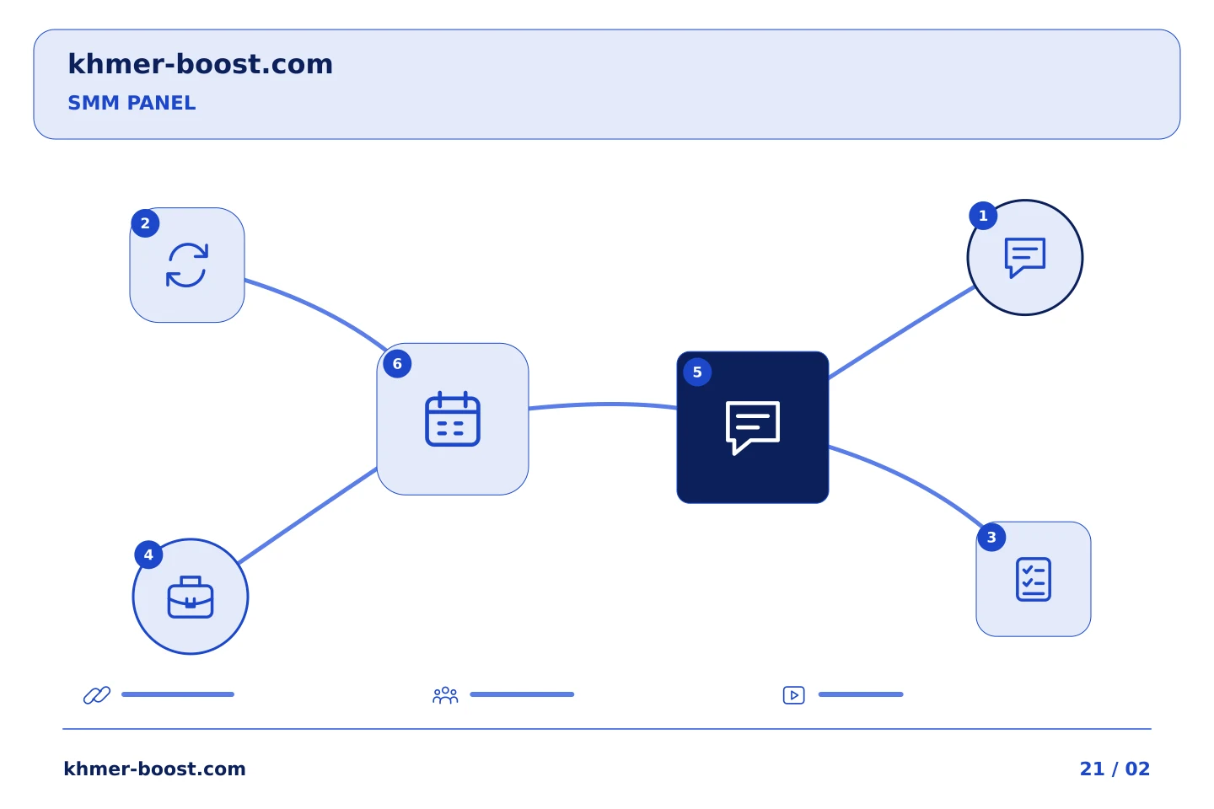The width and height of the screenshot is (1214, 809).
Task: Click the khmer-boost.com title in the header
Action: point(200,64)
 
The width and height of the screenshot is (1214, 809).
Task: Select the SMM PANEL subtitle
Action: point(132,103)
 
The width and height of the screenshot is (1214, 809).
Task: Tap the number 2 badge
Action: point(145,223)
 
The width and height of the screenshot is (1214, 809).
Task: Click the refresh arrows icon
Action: point(187,265)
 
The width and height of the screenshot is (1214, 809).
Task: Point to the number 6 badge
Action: point(397,363)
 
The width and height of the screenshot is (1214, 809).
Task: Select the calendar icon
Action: point(453,419)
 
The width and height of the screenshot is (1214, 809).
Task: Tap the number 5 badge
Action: point(697,372)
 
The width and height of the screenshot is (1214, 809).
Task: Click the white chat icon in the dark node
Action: point(753,427)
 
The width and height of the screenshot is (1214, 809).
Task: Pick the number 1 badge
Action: point(983,216)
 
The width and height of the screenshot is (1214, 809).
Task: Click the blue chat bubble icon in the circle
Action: point(1025,257)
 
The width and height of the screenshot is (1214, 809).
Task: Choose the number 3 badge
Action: point(991,537)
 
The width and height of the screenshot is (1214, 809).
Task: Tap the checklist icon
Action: point(1034,579)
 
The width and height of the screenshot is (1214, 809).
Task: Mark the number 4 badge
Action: point(148,555)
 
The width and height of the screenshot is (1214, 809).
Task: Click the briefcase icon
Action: point(191,597)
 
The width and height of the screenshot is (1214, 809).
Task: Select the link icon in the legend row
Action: point(97,694)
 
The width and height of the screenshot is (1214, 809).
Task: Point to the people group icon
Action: point(445,694)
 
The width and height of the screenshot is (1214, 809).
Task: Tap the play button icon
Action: point(794,695)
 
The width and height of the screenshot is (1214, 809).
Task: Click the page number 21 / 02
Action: point(1115,769)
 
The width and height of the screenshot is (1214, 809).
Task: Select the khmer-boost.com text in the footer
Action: point(154,769)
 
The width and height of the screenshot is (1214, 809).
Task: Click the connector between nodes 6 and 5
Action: point(603,404)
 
